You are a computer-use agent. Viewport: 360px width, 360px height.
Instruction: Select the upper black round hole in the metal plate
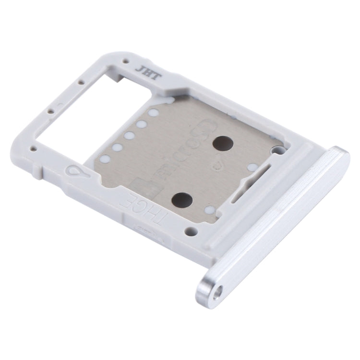pos(222,142)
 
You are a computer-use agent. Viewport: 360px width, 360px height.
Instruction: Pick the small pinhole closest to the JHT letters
pos(126,62)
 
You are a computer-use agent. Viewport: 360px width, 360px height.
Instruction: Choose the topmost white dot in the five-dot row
pos(154,113)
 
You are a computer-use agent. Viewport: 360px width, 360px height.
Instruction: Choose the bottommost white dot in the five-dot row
pos(104,158)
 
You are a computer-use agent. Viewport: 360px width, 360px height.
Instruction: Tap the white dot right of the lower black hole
pos(210,209)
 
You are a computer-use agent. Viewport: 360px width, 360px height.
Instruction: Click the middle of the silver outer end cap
pos(274,221)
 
